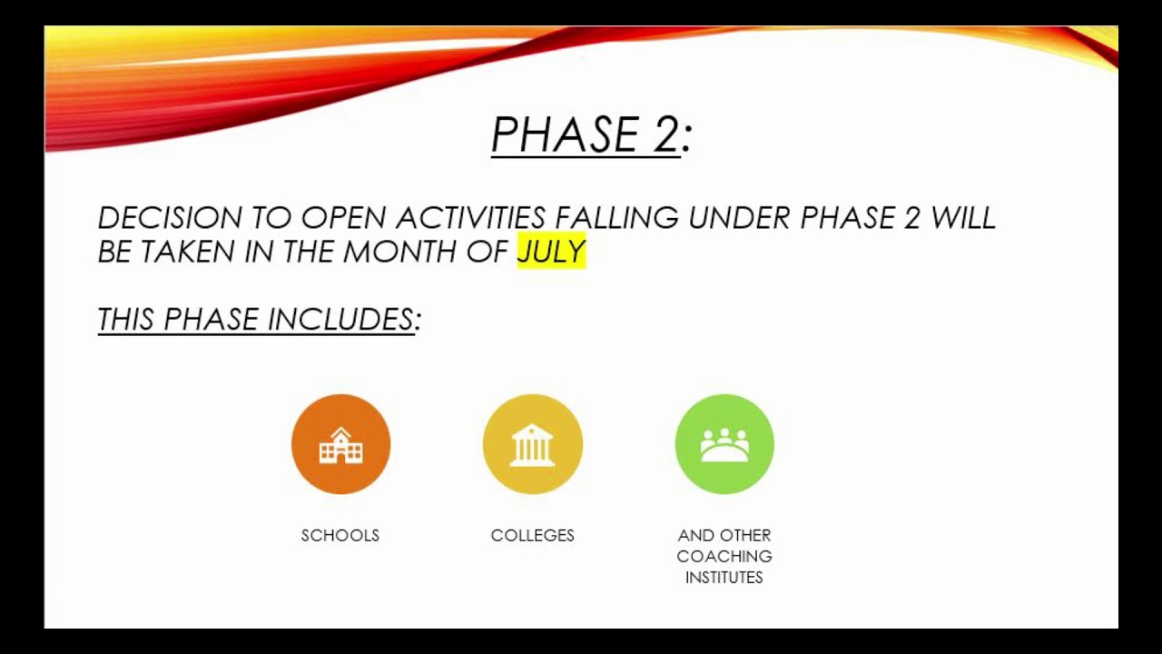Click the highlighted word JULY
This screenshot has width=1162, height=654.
coord(551,252)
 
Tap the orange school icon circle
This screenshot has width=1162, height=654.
coord(340,444)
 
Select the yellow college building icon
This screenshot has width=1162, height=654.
coord(532,444)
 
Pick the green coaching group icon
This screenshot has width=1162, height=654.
coord(724,444)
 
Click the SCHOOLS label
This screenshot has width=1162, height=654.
coord(340,536)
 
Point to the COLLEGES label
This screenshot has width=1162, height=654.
coord(532,536)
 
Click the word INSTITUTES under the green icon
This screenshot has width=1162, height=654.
coord(724,578)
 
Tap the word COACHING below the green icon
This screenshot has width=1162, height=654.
coord(724,557)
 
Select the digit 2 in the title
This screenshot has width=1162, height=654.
coord(664,135)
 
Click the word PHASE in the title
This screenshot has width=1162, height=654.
coord(565,135)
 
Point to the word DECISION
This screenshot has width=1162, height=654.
coord(170,218)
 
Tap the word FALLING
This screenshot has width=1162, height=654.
coord(616,218)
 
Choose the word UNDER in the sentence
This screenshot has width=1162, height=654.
coord(740,218)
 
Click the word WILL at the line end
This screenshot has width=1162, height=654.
coord(963,218)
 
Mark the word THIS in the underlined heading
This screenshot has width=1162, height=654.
coord(125,320)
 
